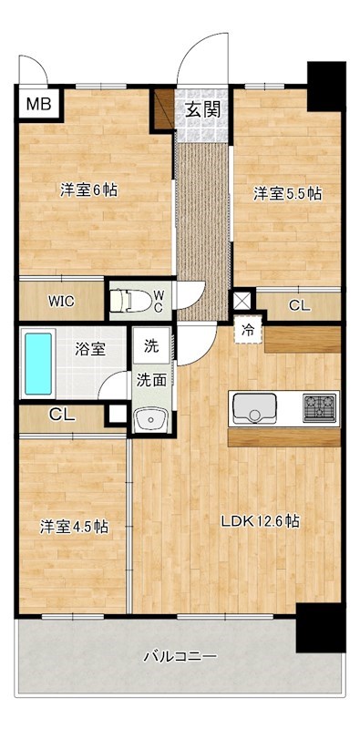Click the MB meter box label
coord(38,104)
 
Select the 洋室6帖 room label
coord(88,190)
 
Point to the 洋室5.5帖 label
coord(288,193)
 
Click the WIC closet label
coord(61,302)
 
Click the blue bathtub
coord(38,364)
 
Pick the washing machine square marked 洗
coord(150,346)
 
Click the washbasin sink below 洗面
coord(150,419)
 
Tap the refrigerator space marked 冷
coord(249,331)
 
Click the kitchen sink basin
coord(254,408)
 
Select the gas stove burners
coord(320,407)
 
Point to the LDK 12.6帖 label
coord(260,521)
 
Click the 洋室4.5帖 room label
coord(74,528)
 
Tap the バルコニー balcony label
coord(180,657)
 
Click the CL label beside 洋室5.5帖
coord(300,305)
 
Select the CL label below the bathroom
coord(62,415)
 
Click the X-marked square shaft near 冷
coord(242,301)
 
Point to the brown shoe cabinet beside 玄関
coord(164,108)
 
